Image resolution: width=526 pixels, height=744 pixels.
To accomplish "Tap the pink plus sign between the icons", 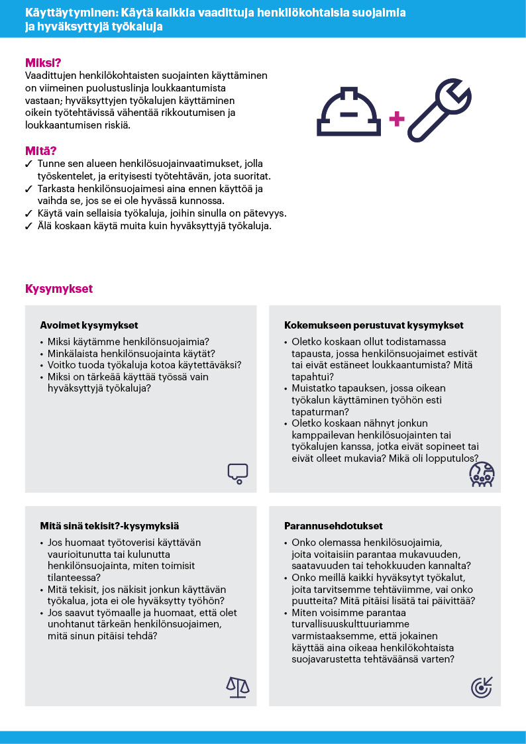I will click(396, 119).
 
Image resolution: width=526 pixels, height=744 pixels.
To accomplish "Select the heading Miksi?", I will click(43, 64).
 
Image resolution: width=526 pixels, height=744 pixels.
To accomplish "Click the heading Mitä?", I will click(40, 151).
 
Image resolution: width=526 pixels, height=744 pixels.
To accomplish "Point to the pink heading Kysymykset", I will click(59, 290).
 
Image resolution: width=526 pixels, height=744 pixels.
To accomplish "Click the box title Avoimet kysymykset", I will click(89, 325).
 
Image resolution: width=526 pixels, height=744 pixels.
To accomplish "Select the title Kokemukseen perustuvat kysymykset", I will click(374, 325).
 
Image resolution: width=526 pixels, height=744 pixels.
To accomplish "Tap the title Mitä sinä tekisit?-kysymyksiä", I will click(109, 526).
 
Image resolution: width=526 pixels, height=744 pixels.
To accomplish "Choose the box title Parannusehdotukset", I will click(333, 526).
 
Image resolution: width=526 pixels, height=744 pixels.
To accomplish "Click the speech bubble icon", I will click(237, 472).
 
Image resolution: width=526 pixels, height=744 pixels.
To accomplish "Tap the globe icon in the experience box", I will click(482, 474).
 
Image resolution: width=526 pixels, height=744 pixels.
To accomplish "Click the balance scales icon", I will click(238, 687).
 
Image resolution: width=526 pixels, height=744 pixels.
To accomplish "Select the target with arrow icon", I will click(482, 687).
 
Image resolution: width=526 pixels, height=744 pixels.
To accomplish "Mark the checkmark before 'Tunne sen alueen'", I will click(28, 163).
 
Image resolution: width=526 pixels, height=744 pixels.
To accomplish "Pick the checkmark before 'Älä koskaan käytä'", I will click(28, 227).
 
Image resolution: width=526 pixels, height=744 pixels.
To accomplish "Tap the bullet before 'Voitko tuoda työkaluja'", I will click(42, 365).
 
